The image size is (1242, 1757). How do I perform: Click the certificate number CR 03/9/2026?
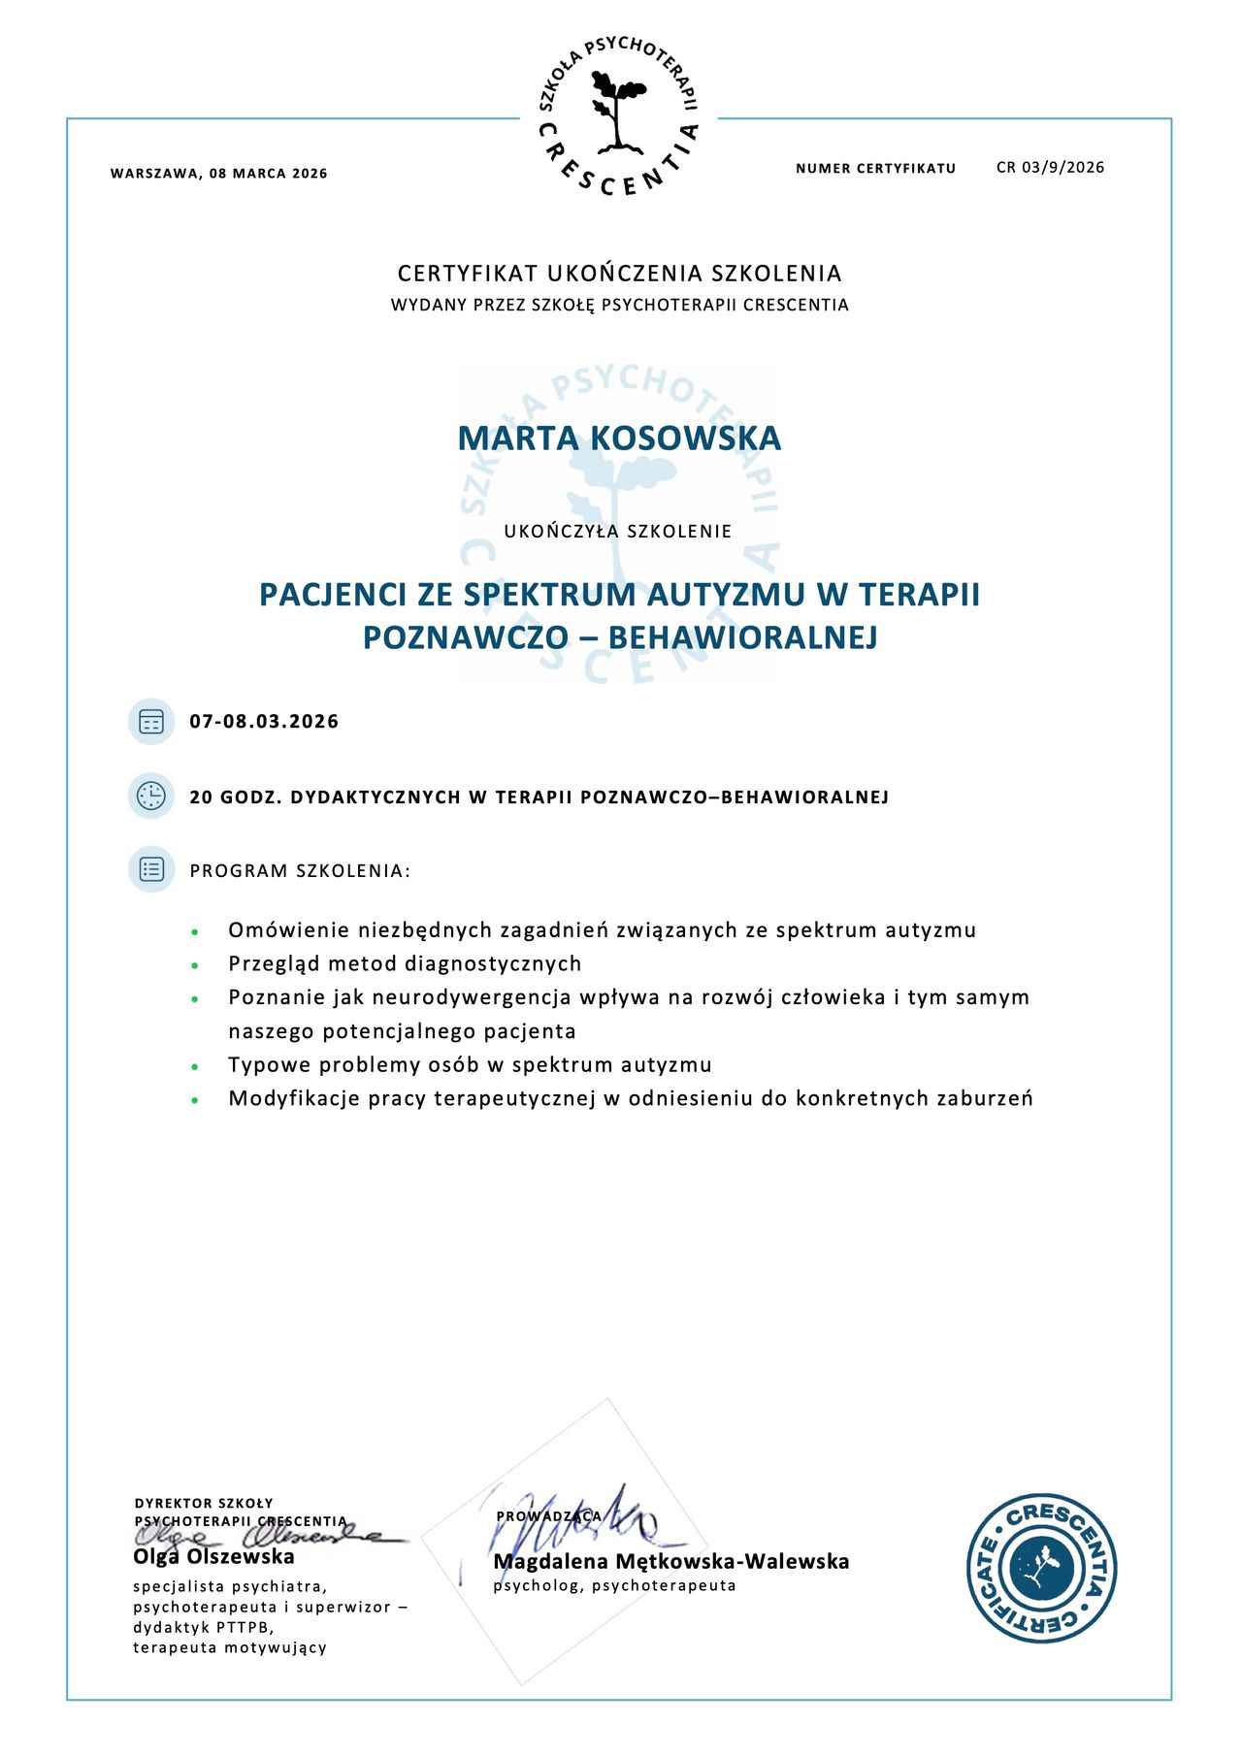[x=1050, y=167]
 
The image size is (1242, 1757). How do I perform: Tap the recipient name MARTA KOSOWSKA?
[x=619, y=438]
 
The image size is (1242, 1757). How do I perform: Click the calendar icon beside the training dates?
[x=151, y=721]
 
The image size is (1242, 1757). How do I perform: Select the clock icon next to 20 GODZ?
[x=151, y=797]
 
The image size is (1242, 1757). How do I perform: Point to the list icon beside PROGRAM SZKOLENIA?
[x=151, y=869]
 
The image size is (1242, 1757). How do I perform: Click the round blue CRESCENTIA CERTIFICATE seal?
[x=1041, y=1569]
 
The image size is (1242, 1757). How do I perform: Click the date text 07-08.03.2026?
[x=264, y=721]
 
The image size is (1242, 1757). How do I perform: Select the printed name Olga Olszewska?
[x=213, y=1557]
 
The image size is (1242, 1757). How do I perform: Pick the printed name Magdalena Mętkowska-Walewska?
[x=671, y=1562]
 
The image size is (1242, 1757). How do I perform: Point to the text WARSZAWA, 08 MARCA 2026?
[x=219, y=174]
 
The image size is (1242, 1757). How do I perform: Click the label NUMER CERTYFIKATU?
[x=875, y=169]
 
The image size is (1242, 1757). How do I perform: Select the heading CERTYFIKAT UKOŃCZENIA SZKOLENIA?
[x=619, y=274]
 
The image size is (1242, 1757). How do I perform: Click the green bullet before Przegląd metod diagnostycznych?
[x=195, y=965]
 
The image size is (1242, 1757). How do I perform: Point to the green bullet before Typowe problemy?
[x=195, y=1066]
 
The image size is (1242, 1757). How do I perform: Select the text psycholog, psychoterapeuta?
[x=614, y=1586]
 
